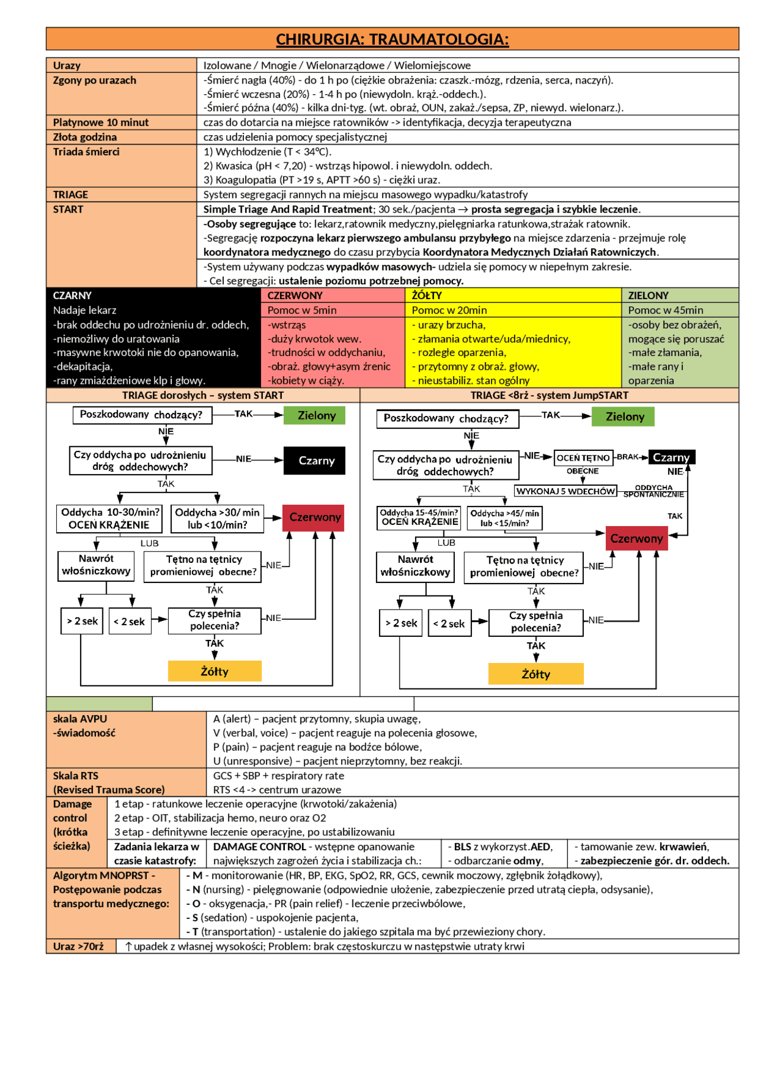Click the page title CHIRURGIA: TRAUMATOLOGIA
click(392, 39)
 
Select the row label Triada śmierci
click(86, 152)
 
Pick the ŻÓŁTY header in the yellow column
click(427, 295)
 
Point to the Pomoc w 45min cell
click(666, 310)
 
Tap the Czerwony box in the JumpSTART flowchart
click(637, 539)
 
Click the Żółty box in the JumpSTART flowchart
click(536, 674)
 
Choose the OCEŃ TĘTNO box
click(583, 457)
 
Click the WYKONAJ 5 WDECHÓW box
click(566, 491)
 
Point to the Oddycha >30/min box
click(217, 518)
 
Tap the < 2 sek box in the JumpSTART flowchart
click(449, 623)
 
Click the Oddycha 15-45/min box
click(419, 517)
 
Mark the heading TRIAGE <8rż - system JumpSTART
click(550, 395)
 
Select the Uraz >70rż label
click(78, 946)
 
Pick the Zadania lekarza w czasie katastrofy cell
click(156, 854)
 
